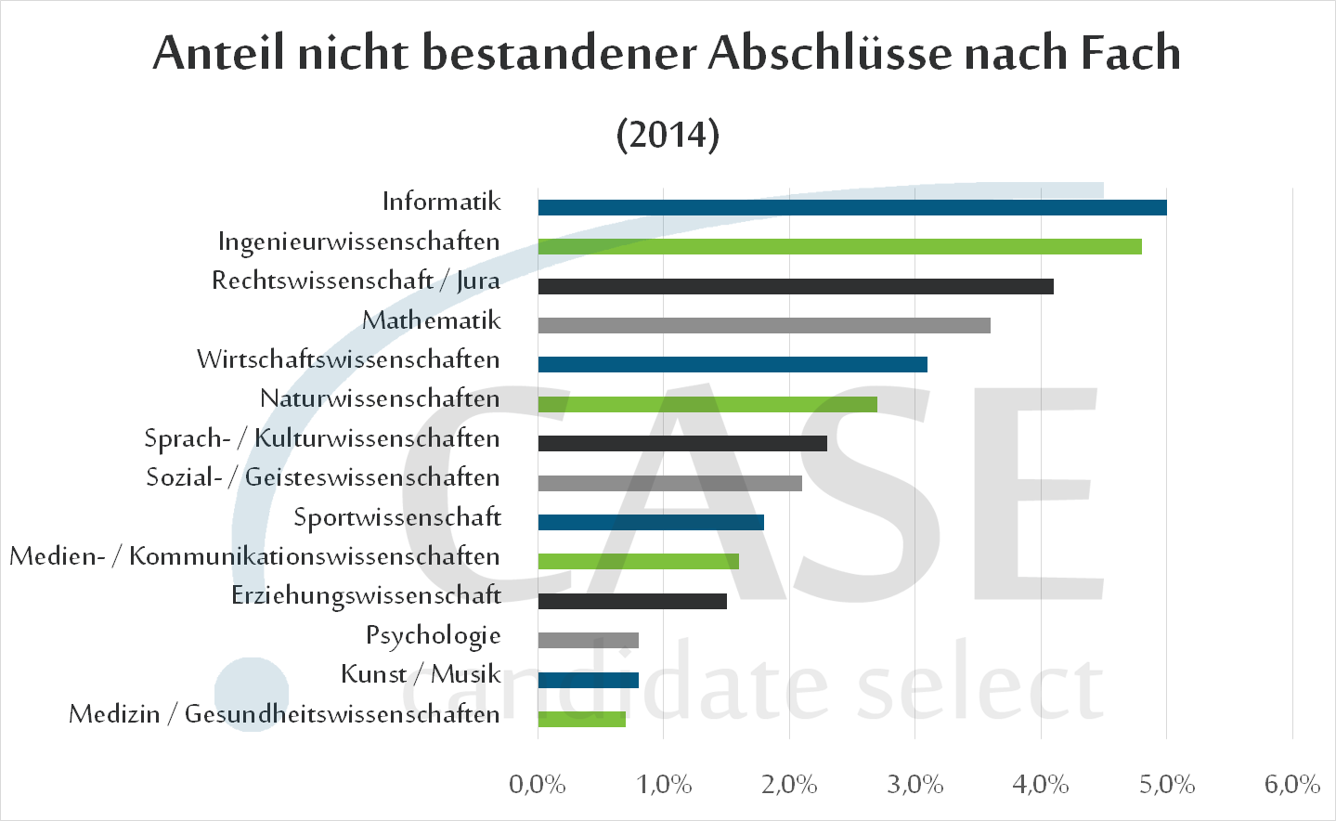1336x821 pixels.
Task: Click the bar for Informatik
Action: click(851, 207)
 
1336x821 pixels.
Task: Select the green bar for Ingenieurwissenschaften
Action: click(839, 246)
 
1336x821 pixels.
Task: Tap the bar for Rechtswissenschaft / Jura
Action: click(796, 286)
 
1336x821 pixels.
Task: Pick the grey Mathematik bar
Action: click(763, 325)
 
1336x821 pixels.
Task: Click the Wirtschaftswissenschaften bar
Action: click(732, 364)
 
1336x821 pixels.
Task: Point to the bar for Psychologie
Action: click(588, 640)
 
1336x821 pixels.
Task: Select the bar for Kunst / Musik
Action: click(588, 680)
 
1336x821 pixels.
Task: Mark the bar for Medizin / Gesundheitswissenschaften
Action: click(581, 719)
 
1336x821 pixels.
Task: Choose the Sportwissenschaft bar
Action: click(650, 522)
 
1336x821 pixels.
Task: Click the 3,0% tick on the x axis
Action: click(914, 785)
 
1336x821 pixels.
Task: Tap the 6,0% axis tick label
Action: click(1291, 785)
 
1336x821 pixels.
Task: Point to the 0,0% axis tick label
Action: click(538, 785)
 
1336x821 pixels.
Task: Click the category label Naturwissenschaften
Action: click(380, 399)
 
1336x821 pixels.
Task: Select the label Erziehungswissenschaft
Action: click(366, 596)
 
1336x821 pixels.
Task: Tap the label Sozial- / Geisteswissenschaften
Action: click(323, 478)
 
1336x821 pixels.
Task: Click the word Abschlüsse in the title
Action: click(830, 53)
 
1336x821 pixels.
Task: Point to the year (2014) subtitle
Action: click(668, 135)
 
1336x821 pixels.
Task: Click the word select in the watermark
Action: click(979, 688)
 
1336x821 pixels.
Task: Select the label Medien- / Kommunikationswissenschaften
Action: click(254, 557)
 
